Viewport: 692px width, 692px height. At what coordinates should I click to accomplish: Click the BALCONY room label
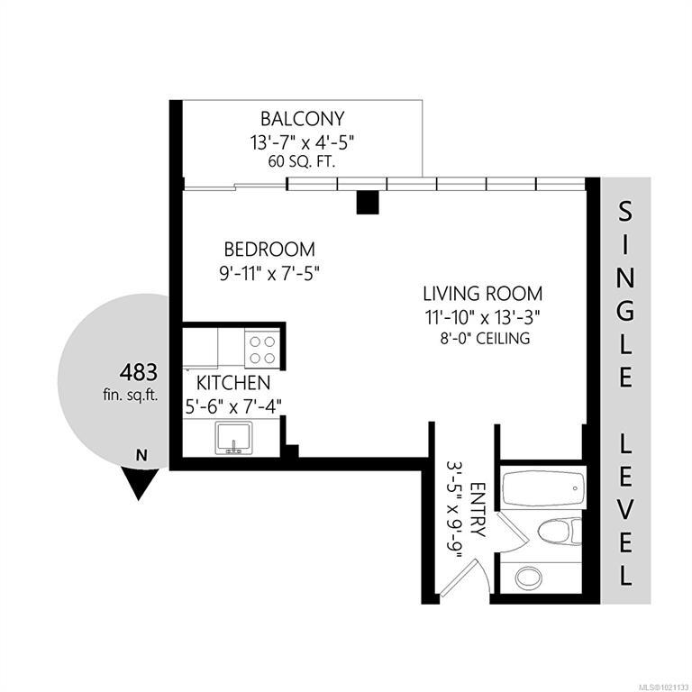coord(303,119)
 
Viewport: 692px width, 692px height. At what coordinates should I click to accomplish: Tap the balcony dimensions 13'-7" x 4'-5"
coord(303,142)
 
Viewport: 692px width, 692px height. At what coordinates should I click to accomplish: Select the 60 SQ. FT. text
coord(302,161)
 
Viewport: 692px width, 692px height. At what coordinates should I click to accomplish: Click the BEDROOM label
coord(269,250)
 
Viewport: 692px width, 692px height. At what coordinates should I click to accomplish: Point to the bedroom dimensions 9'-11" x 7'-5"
coord(269,273)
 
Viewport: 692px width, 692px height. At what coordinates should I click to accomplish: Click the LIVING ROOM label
coord(482,294)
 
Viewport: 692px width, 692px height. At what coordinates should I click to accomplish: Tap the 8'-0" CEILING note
coord(485,339)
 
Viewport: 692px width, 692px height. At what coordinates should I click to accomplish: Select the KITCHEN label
coord(233,383)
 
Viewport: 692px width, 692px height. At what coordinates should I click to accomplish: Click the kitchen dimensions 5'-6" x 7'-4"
coord(233,406)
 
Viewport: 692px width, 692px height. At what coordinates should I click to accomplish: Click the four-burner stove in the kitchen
coord(262,350)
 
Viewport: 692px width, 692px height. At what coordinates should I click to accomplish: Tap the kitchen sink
coord(233,438)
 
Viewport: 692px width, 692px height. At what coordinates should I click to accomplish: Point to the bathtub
coord(543,488)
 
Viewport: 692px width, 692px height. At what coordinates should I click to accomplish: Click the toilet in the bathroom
coord(560,532)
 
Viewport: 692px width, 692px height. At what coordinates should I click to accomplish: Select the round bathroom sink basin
coord(528,577)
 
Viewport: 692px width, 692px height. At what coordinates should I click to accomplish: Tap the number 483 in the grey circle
coord(138,372)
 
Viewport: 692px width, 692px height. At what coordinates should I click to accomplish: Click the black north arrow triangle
coord(140,485)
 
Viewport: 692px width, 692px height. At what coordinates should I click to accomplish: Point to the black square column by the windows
coord(368,202)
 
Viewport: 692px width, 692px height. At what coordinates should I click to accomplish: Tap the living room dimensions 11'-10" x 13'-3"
coord(482,317)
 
